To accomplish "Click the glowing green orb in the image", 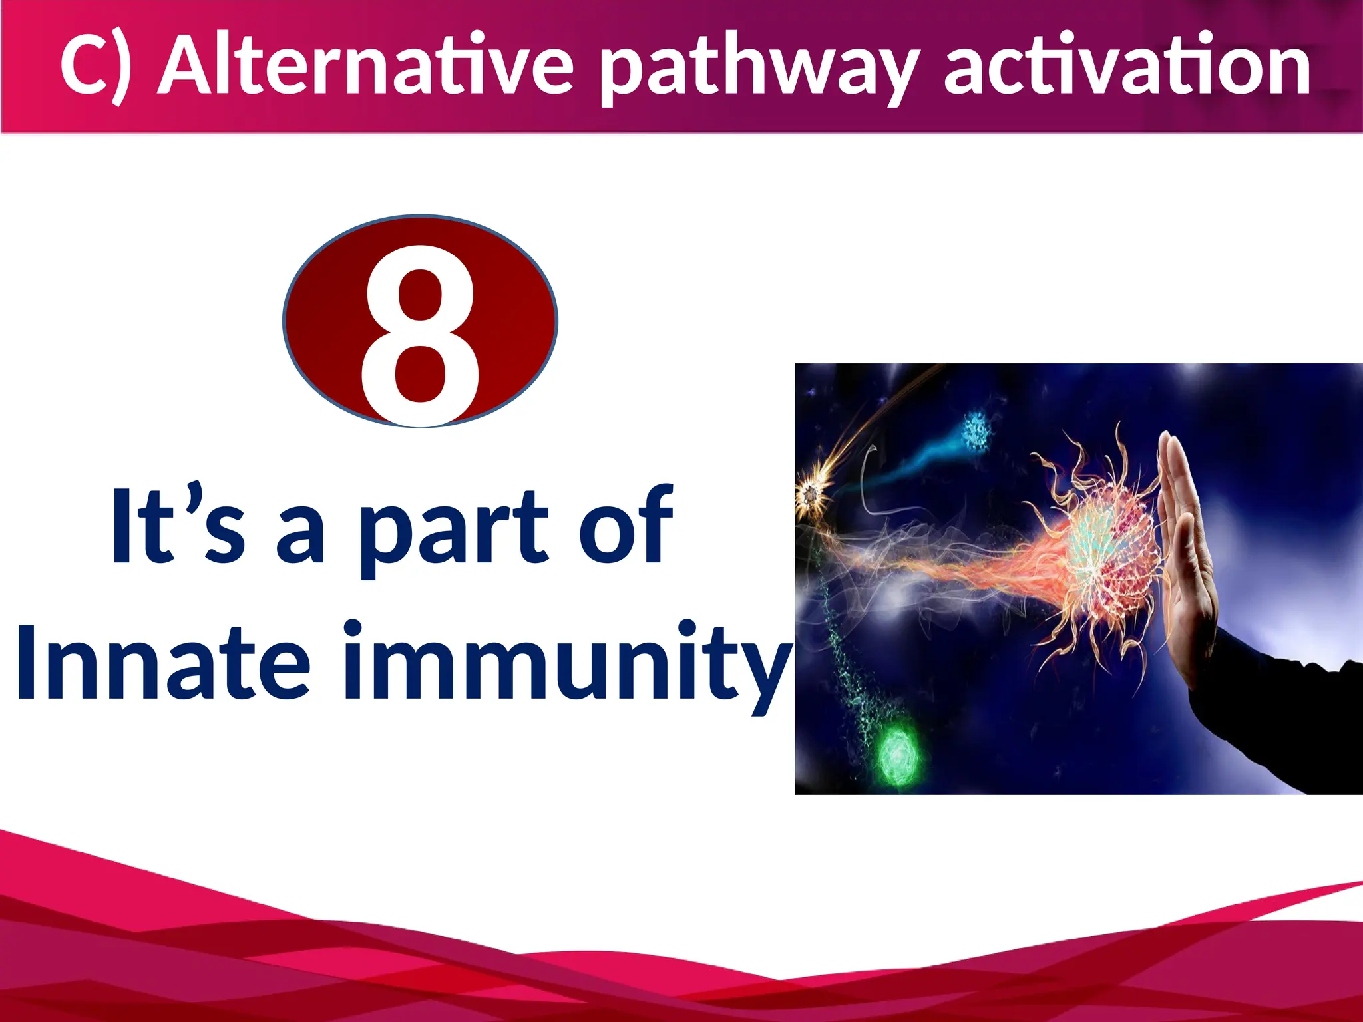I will tap(898, 755).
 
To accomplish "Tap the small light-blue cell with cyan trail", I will tap(977, 430).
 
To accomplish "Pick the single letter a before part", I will tap(300, 536).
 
